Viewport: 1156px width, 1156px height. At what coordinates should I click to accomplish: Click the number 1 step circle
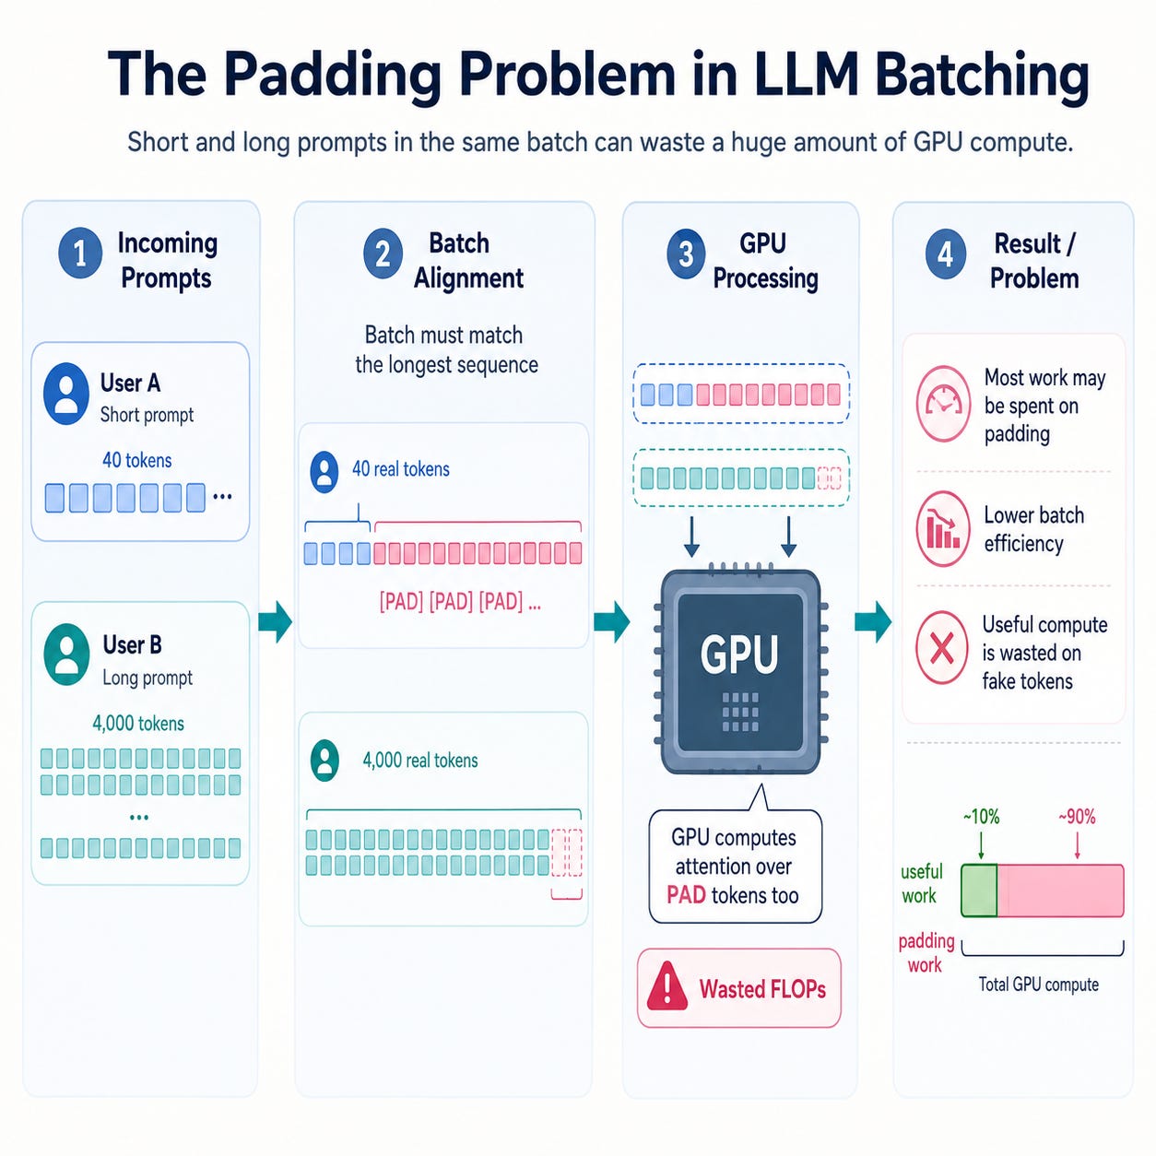point(80,254)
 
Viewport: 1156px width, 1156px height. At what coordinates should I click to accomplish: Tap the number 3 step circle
point(686,254)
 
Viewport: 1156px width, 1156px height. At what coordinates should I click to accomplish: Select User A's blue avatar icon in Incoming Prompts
point(66,394)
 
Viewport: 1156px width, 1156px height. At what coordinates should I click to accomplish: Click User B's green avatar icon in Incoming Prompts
point(66,654)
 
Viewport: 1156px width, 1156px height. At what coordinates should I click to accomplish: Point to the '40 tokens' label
point(136,460)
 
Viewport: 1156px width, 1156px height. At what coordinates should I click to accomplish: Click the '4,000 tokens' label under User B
point(138,723)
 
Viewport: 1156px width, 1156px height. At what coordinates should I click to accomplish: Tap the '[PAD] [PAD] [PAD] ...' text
point(460,601)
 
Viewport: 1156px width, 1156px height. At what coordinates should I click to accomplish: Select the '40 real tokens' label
point(401,468)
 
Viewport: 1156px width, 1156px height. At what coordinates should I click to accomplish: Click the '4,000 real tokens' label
point(420,761)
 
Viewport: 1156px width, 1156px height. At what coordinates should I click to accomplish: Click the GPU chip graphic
point(740,672)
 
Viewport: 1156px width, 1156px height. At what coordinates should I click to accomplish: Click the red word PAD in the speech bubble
point(686,895)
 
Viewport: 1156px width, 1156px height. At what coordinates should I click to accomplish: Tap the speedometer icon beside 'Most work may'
point(943,404)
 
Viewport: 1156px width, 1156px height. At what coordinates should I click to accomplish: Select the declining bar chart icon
point(943,528)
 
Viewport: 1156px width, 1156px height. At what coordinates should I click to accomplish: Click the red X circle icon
point(942,648)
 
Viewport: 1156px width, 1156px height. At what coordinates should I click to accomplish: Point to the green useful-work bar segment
point(979,891)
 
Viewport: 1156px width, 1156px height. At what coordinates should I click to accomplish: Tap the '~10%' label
point(982,817)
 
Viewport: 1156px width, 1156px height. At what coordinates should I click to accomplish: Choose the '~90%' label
point(1077,817)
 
